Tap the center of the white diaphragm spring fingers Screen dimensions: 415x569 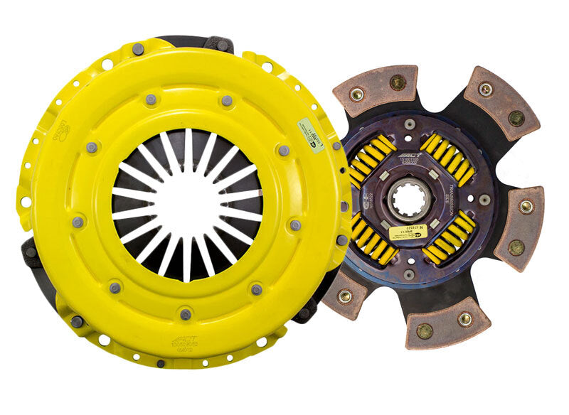click(186, 204)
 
